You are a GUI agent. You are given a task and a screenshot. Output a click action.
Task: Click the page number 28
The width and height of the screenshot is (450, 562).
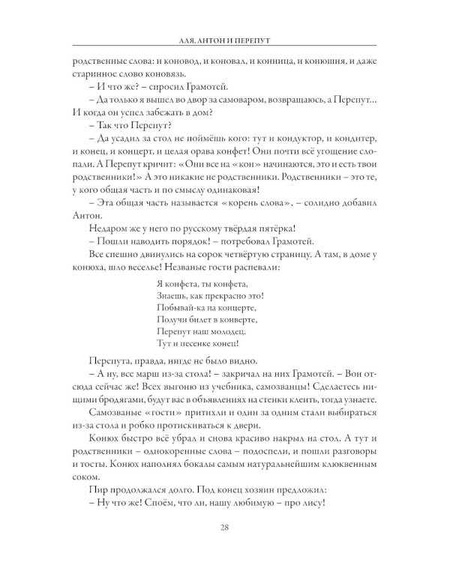coord(225,529)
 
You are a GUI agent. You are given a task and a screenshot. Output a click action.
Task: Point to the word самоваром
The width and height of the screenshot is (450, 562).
coord(243,102)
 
